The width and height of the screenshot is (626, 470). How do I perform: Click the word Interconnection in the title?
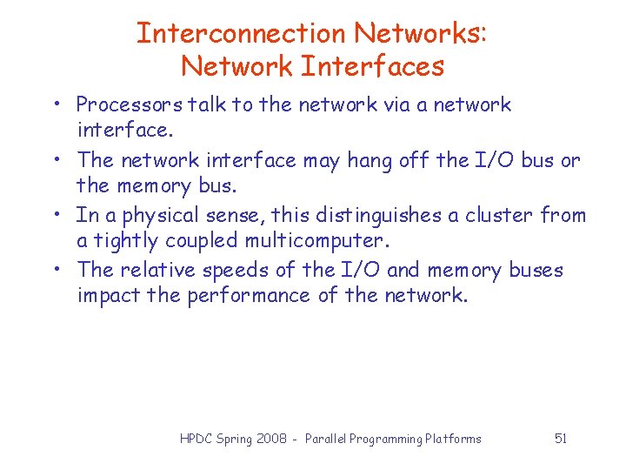coord(241,33)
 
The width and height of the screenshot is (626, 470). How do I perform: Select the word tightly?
coord(124,240)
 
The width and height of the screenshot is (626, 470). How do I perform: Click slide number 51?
coord(561,439)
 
